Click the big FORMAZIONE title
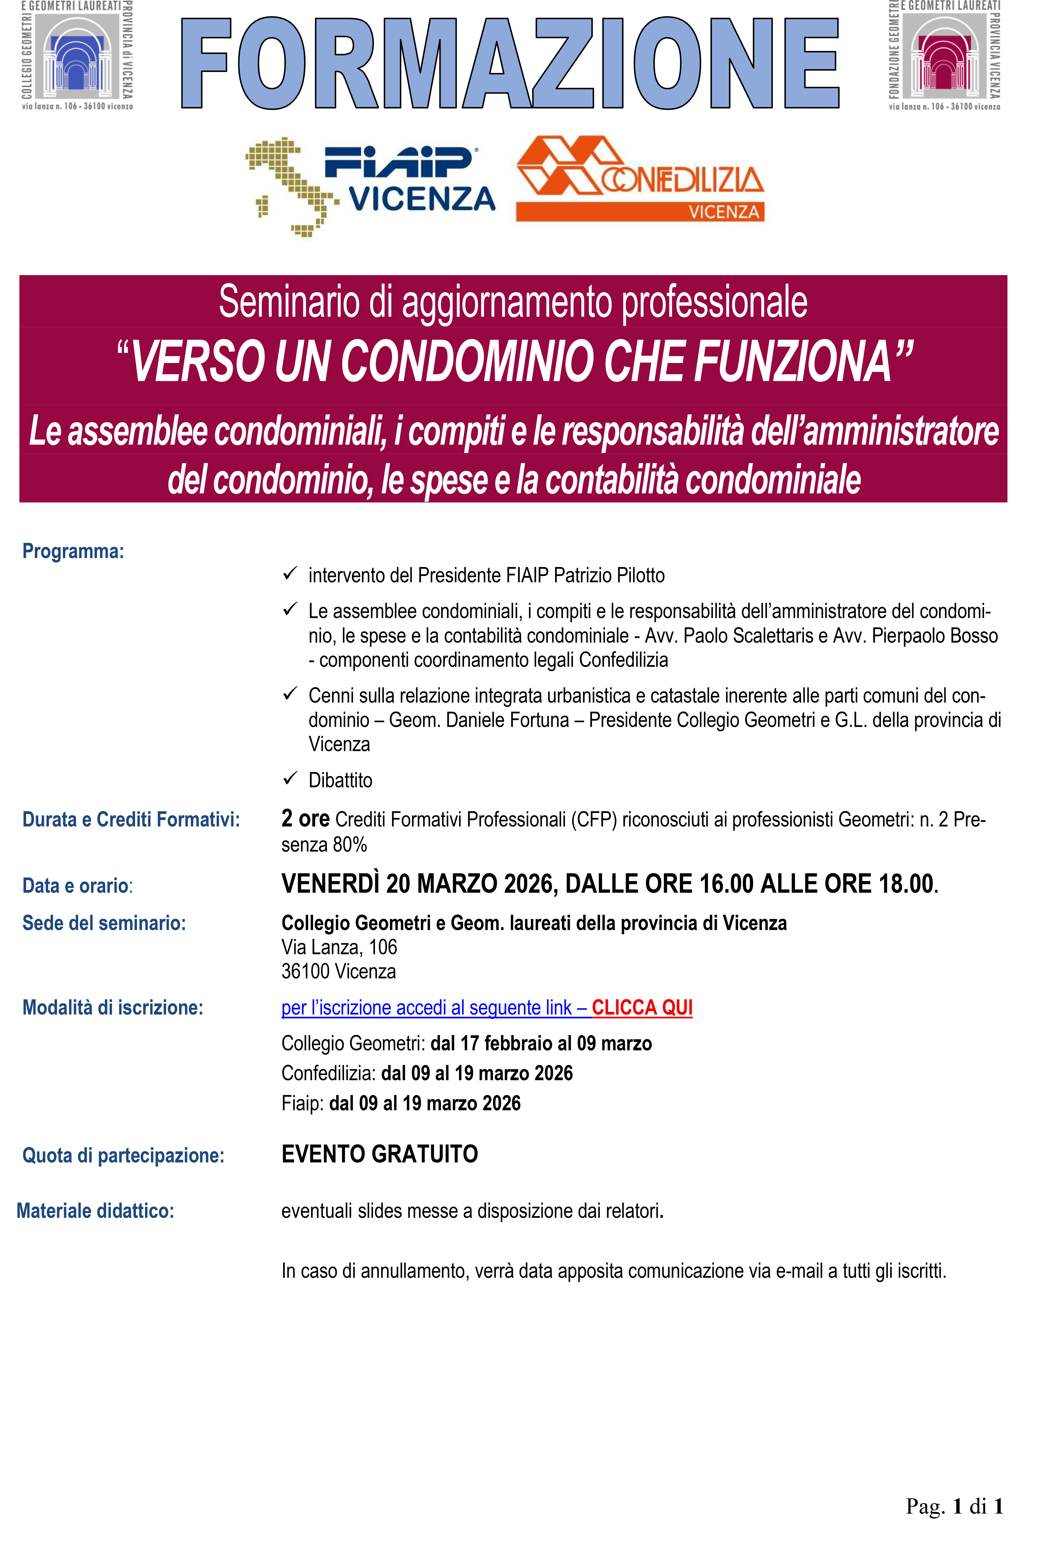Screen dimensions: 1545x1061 click(510, 63)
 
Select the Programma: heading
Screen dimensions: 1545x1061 click(73, 551)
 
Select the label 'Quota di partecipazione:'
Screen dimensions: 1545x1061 click(123, 1155)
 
